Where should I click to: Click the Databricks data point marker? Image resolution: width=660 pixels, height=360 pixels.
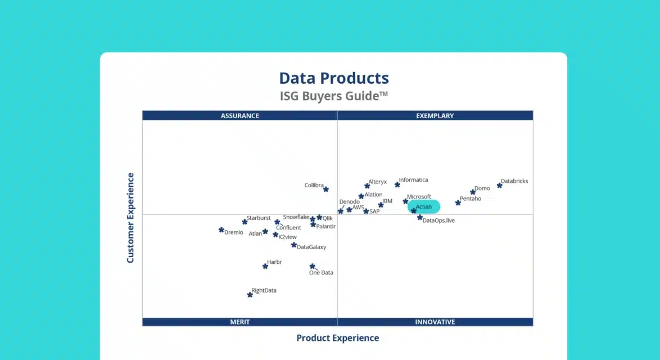click(x=499, y=185)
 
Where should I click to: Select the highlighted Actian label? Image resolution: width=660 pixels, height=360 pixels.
click(x=424, y=207)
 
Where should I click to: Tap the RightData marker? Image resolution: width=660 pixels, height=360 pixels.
click(x=250, y=295)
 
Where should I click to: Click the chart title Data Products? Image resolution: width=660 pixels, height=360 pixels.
click(x=334, y=78)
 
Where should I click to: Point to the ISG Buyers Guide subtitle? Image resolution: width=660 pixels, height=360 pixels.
click(x=334, y=96)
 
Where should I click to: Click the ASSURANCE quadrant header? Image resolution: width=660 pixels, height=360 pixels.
click(x=239, y=116)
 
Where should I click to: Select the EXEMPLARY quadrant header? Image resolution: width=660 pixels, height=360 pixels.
click(x=435, y=116)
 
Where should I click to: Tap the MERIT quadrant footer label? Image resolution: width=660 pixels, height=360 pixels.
click(x=239, y=322)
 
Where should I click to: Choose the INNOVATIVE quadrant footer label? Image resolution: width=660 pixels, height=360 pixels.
click(x=435, y=322)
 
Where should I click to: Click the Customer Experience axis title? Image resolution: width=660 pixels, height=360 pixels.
click(x=130, y=218)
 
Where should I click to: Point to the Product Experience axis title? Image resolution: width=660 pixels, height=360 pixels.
click(x=337, y=338)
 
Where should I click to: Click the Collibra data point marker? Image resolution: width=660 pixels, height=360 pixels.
click(x=326, y=190)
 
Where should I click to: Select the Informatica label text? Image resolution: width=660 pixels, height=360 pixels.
click(x=413, y=180)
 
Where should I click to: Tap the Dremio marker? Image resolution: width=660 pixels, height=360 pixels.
click(x=221, y=229)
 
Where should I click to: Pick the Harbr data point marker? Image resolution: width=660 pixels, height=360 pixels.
click(x=265, y=266)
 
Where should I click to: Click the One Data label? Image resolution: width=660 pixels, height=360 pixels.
click(x=321, y=273)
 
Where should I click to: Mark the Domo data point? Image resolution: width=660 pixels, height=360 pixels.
click(x=473, y=192)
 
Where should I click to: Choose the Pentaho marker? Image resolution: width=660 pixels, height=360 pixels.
click(x=458, y=202)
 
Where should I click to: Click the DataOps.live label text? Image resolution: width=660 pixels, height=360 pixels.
click(x=439, y=220)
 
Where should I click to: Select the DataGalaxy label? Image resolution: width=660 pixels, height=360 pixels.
click(x=311, y=247)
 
